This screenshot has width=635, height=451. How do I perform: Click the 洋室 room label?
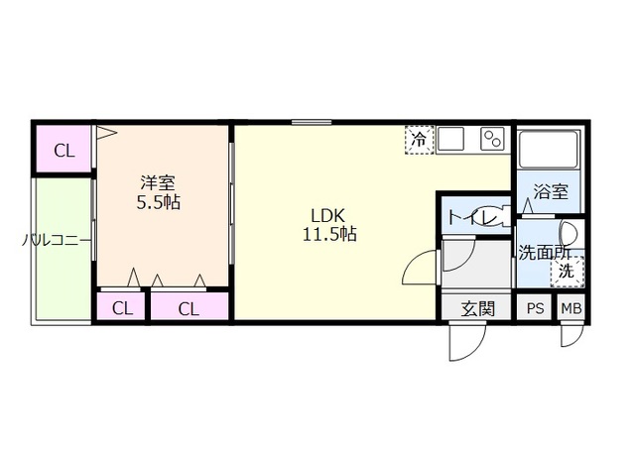(158, 182)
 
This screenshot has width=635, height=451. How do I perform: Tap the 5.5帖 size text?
(158, 202)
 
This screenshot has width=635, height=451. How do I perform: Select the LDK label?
(328, 215)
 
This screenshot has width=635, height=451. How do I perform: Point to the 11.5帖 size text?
(328, 236)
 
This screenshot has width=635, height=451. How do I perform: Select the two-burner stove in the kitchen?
(492, 140)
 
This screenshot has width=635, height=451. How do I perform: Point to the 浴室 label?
(552, 193)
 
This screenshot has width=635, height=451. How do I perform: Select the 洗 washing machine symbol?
(568, 269)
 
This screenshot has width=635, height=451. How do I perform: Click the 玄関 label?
(477, 308)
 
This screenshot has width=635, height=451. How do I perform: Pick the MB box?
(571, 308)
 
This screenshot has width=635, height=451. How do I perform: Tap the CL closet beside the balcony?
(63, 151)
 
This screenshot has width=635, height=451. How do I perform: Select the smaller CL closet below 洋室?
(121, 307)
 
